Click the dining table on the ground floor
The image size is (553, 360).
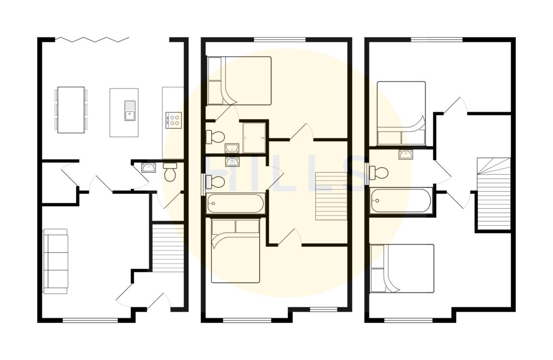click(71, 110)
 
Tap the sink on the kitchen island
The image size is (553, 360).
click(130, 110)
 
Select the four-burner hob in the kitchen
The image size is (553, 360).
click(174, 119)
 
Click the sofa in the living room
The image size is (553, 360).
click(56, 261)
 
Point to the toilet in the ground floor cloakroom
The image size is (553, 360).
click(170, 172)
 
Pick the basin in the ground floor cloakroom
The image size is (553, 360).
click(149, 167)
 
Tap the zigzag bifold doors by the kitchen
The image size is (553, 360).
click(92, 39)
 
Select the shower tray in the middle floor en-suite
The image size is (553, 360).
click(254, 138)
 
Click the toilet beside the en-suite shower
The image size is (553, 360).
click(215, 137)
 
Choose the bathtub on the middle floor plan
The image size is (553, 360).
click(235, 203)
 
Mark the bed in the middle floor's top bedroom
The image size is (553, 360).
click(239, 81)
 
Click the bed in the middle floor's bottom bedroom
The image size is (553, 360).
click(235, 250)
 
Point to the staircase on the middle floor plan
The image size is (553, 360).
click(331, 196)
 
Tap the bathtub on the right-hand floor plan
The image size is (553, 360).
click(401, 200)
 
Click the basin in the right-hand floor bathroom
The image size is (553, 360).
click(406, 154)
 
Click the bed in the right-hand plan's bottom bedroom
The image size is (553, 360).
click(402, 268)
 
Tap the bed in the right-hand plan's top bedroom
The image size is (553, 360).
click(401, 113)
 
